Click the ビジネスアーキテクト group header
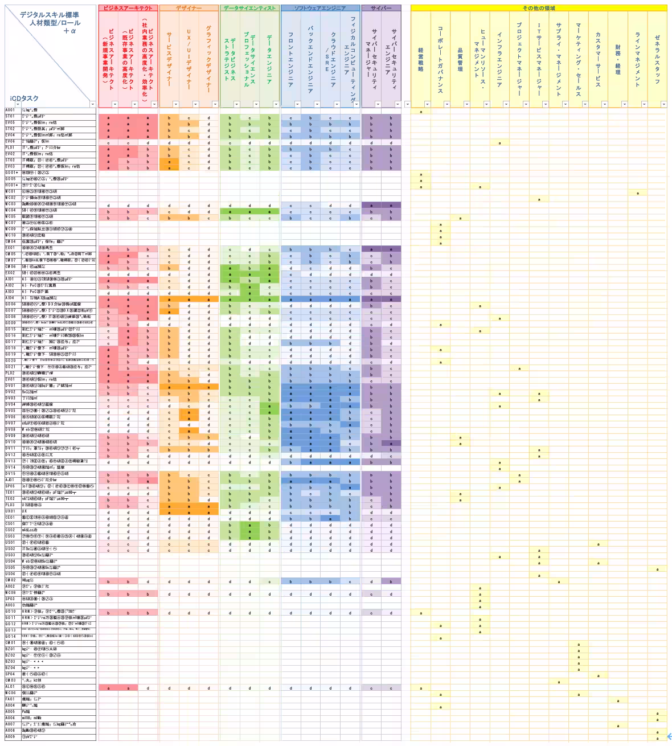(128, 9)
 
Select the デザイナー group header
(189, 9)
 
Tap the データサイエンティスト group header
(249, 9)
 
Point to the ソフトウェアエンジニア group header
(320, 9)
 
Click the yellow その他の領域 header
(538, 9)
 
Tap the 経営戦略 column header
(421, 59)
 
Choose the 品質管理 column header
(460, 59)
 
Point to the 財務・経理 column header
(618, 59)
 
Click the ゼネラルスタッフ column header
(657, 59)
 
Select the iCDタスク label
(24, 99)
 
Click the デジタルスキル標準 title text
(50, 15)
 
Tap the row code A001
(10, 110)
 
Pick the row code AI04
(10, 298)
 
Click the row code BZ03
(10, 662)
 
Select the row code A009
(10, 737)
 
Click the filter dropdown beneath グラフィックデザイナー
(215, 104)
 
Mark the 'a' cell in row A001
(421, 112)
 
